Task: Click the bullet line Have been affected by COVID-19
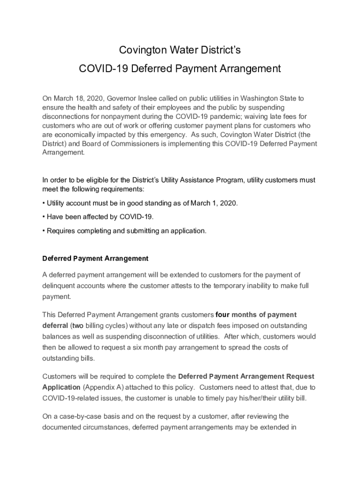pos(98,217)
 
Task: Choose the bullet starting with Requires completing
pos(124,231)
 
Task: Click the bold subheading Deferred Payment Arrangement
pos(95,258)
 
